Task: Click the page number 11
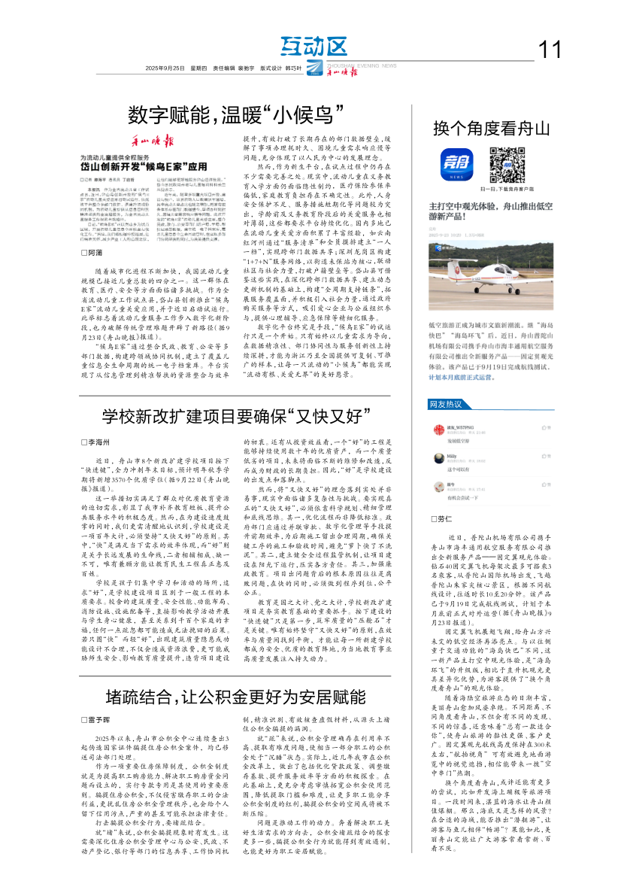(x=550, y=50)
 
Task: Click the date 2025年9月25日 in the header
(x=165, y=68)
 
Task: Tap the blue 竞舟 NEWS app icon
(x=453, y=164)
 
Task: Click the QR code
(x=506, y=164)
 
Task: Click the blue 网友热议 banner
(x=446, y=404)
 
